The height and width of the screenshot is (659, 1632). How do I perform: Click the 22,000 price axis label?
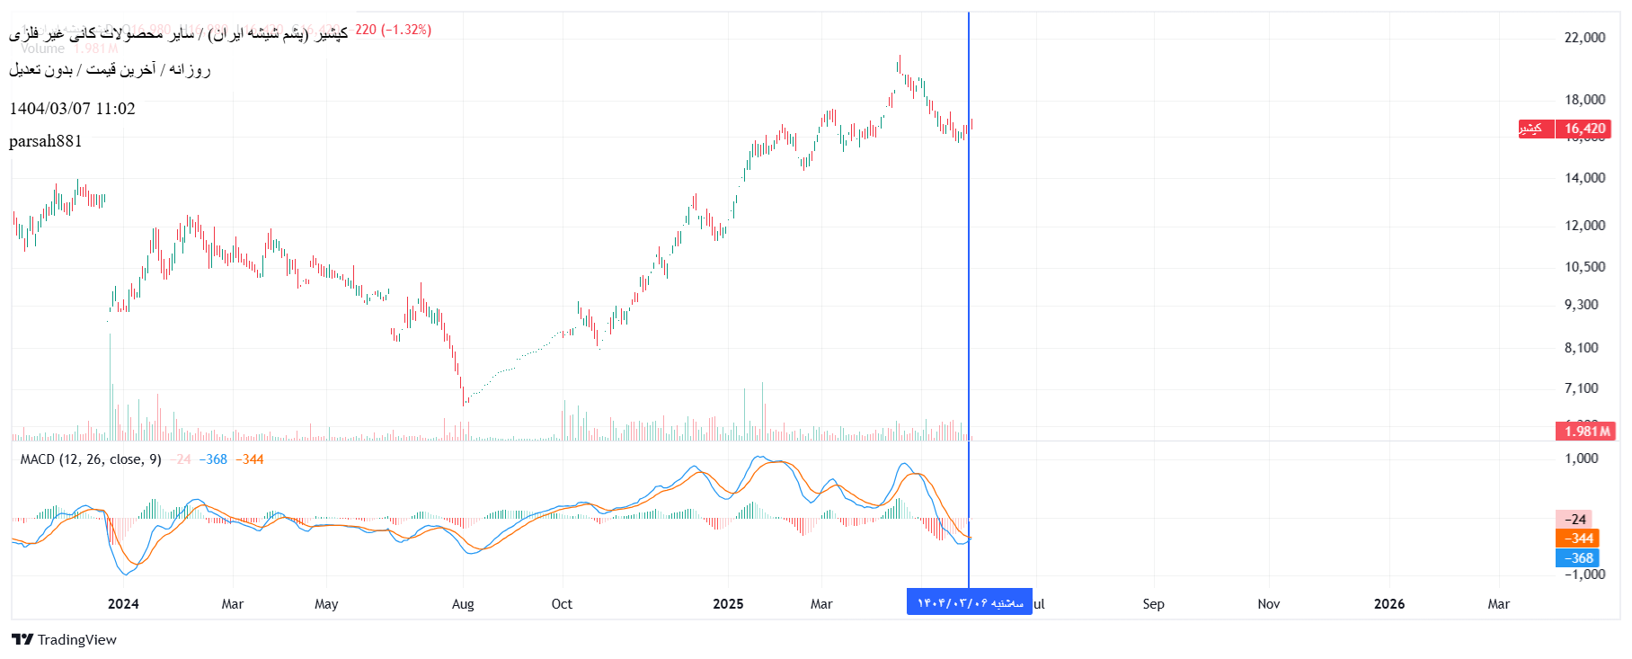pyautogui.click(x=1584, y=37)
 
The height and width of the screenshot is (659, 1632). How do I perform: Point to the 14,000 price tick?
pyautogui.click(x=1584, y=178)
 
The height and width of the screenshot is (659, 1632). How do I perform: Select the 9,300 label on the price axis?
pyautogui.click(x=1581, y=305)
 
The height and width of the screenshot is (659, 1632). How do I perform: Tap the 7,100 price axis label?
pyautogui.click(x=1581, y=388)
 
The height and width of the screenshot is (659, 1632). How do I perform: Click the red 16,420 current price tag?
pyautogui.click(x=1583, y=129)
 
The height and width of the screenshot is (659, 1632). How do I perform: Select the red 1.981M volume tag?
pyautogui.click(x=1585, y=432)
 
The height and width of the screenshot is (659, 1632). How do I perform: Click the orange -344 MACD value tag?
pyautogui.click(x=1577, y=539)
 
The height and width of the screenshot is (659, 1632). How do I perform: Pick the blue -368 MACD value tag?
pyautogui.click(x=1577, y=558)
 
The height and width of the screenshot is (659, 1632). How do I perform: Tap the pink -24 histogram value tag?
pyautogui.click(x=1574, y=520)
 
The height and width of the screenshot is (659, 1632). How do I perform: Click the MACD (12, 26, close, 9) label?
pyautogui.click(x=91, y=459)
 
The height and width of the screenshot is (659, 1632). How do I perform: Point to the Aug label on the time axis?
pyautogui.click(x=463, y=604)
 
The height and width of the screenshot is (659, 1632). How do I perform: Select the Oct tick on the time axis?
pyautogui.click(x=562, y=604)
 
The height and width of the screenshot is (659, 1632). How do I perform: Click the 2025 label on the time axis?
pyautogui.click(x=728, y=604)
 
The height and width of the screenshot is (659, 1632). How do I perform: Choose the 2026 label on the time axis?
pyautogui.click(x=1388, y=604)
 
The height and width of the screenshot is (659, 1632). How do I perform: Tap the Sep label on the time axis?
pyautogui.click(x=1153, y=604)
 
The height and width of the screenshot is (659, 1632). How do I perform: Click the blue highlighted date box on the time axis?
pyautogui.click(x=969, y=602)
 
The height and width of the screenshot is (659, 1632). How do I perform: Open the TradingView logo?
pyautogui.click(x=64, y=640)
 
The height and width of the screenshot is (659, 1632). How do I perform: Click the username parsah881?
pyautogui.click(x=46, y=141)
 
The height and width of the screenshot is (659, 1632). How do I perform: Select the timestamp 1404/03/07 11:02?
pyautogui.click(x=72, y=109)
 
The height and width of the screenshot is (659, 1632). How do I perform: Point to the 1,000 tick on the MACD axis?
pyautogui.click(x=1581, y=459)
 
